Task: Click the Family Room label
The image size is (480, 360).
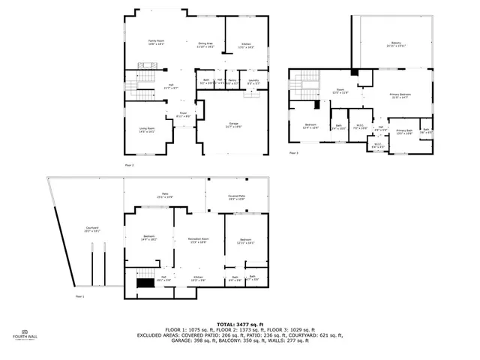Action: click(156, 42)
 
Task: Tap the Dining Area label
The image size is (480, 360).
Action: click(205, 45)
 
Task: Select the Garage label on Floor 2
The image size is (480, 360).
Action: click(233, 124)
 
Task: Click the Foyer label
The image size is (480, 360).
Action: click(182, 114)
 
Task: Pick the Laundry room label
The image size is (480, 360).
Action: click(253, 80)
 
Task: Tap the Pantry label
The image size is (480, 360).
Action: click(232, 80)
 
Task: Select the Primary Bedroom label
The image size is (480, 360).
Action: click(399, 95)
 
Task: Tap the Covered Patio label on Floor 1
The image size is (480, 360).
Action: click(237, 197)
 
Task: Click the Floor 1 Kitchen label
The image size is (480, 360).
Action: click(198, 278)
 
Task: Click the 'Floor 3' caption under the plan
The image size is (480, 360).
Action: click(293, 153)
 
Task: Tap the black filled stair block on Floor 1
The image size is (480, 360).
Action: click(145, 283)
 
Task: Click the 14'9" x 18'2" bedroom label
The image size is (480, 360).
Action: click(148, 238)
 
